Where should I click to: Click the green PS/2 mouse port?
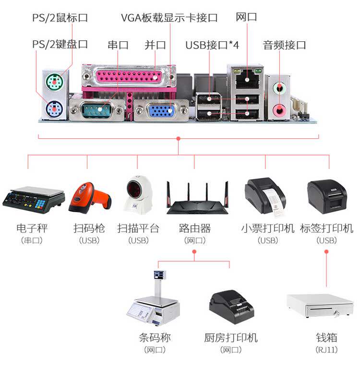click(55, 82)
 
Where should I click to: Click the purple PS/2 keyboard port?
click(55, 109)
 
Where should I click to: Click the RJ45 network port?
click(247, 79)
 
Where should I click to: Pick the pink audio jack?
click(279, 110)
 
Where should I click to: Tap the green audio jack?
click(279, 88)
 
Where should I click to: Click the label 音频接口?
click(284, 45)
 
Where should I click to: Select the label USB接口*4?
click(212, 45)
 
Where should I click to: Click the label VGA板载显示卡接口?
click(169, 18)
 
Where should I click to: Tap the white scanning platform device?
click(138, 195)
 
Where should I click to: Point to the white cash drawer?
click(320, 306)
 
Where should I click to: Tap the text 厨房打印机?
click(231, 338)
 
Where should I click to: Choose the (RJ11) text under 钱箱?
click(326, 350)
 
